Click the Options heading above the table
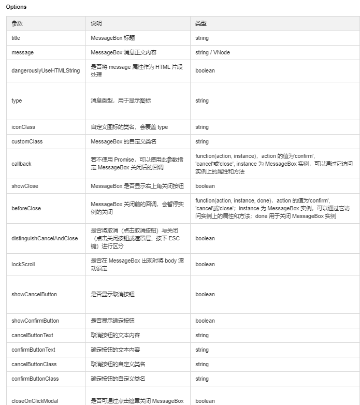point(16,7)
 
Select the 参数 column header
point(17,24)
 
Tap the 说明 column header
point(96,24)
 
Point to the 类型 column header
point(201,24)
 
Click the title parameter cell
point(16,38)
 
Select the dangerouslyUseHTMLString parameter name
point(46,70)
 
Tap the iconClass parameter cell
point(23,127)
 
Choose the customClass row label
point(27,141)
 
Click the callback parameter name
point(21,164)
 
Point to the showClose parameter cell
point(25,186)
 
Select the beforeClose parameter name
point(26,208)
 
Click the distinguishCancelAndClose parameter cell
point(45,238)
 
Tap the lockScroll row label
point(23,264)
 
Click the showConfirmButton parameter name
point(35,321)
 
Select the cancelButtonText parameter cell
point(32,335)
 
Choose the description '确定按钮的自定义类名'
point(118,379)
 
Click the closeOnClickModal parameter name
point(35,401)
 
